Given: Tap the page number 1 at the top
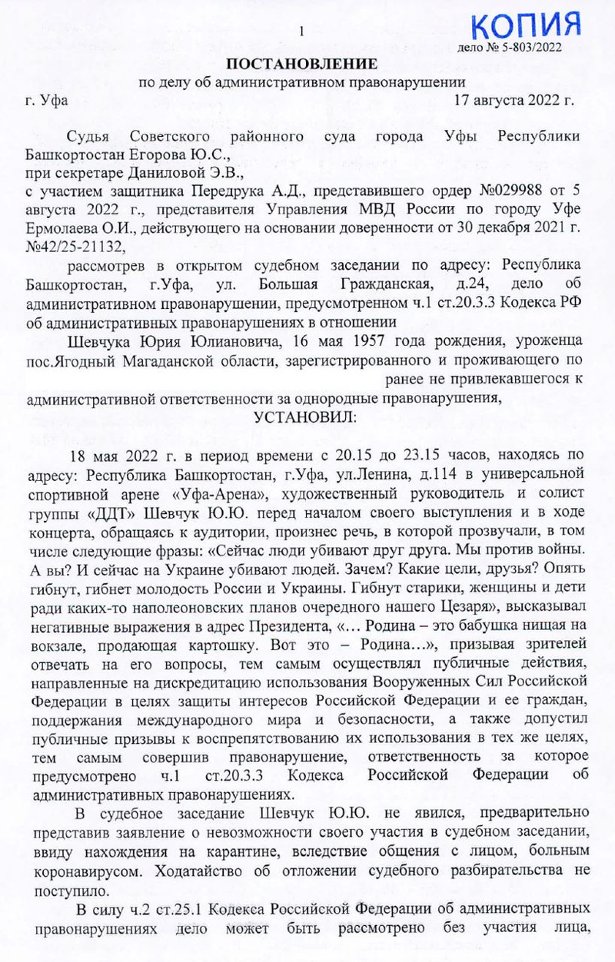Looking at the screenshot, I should point(303,32).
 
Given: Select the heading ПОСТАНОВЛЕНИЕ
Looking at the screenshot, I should point(301,62).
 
